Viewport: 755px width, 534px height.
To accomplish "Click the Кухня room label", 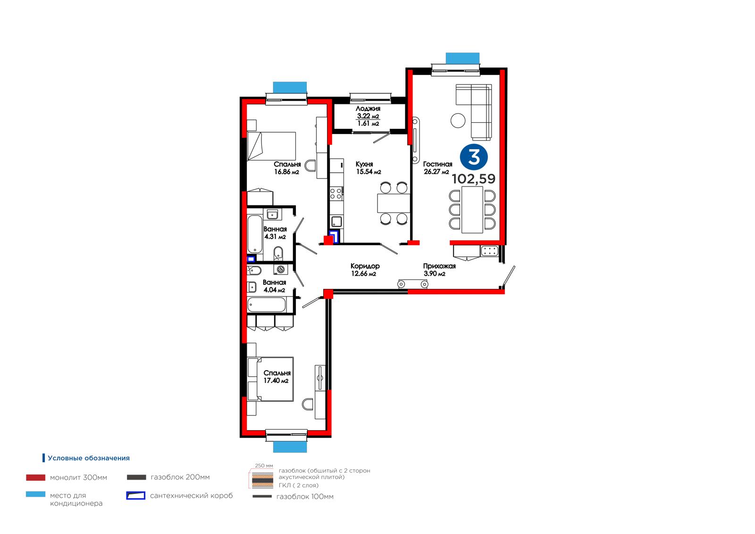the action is coord(364,164).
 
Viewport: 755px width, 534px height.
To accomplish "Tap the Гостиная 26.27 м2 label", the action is coord(437,168).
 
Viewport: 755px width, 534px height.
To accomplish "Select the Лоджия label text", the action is coord(368,109).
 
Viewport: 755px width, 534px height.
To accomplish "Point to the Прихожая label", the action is coord(439,266).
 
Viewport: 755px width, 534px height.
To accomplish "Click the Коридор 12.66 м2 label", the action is coord(365,270).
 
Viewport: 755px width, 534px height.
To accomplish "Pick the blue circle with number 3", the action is coord(474,157).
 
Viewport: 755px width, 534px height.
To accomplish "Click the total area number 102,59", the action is coord(474,179).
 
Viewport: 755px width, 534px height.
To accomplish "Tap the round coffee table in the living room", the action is coord(458,120).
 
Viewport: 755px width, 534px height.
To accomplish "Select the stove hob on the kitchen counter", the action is coord(336,194).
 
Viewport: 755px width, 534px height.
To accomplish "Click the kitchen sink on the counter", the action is coord(337,222).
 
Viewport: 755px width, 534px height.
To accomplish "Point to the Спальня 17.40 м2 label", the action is coord(277,377).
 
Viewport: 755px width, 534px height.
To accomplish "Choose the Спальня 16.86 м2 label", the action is coord(287,168).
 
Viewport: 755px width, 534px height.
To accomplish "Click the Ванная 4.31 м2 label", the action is coord(275,233).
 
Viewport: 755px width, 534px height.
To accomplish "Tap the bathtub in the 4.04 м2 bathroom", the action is coord(266,305).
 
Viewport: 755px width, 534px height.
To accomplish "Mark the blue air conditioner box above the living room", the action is coord(462,58).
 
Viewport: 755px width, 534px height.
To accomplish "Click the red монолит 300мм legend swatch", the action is coord(36,477).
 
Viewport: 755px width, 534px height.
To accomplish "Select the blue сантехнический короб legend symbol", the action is coord(135,496).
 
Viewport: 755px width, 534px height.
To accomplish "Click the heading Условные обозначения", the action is coord(89,458).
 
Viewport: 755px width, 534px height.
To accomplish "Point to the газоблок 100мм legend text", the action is coord(305,497).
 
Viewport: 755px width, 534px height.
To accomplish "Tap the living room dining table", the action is coord(472,210).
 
